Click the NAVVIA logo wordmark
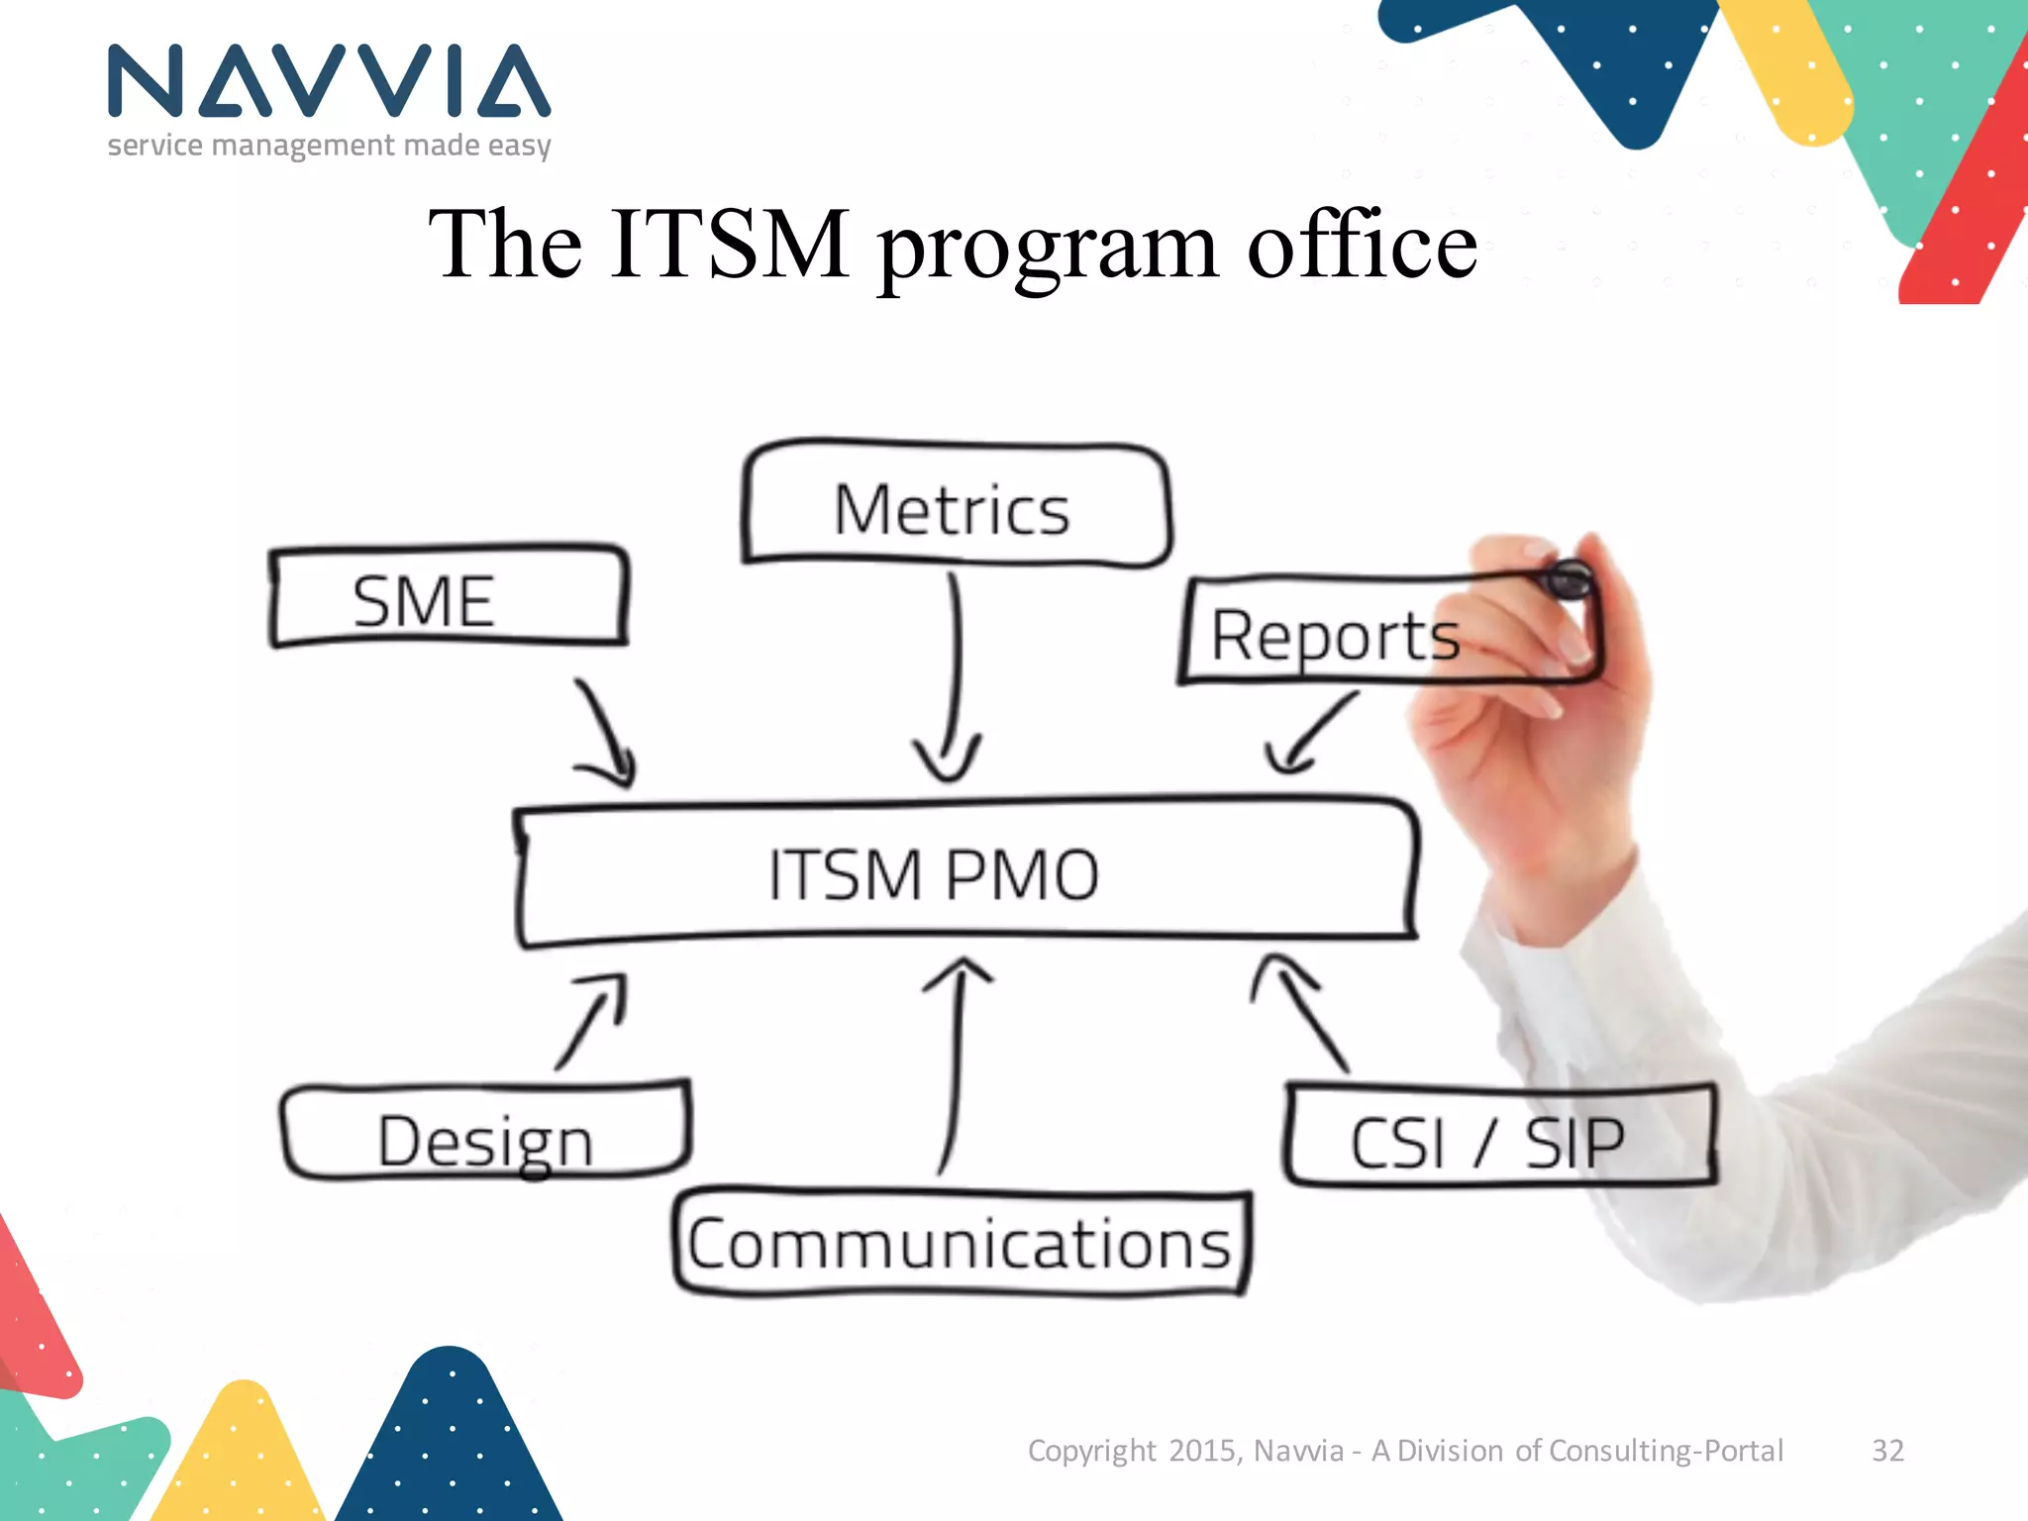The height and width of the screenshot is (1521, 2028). coord(329,81)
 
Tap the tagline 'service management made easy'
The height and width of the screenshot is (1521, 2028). coord(329,146)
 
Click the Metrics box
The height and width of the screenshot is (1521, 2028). coord(954,508)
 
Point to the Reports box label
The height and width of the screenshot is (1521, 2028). coord(1335,635)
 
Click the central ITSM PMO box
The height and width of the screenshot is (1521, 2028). coord(935,873)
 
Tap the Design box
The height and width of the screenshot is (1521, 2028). coord(485,1140)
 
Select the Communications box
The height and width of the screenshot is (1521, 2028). coord(959,1244)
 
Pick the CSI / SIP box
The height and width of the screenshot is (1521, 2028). coord(1487,1142)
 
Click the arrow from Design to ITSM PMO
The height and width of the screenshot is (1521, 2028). coord(593,1020)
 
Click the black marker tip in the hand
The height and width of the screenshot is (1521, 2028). coord(1569,579)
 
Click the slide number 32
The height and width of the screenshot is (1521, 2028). coord(1887,1451)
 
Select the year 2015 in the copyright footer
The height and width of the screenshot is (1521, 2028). coord(1202,1451)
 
